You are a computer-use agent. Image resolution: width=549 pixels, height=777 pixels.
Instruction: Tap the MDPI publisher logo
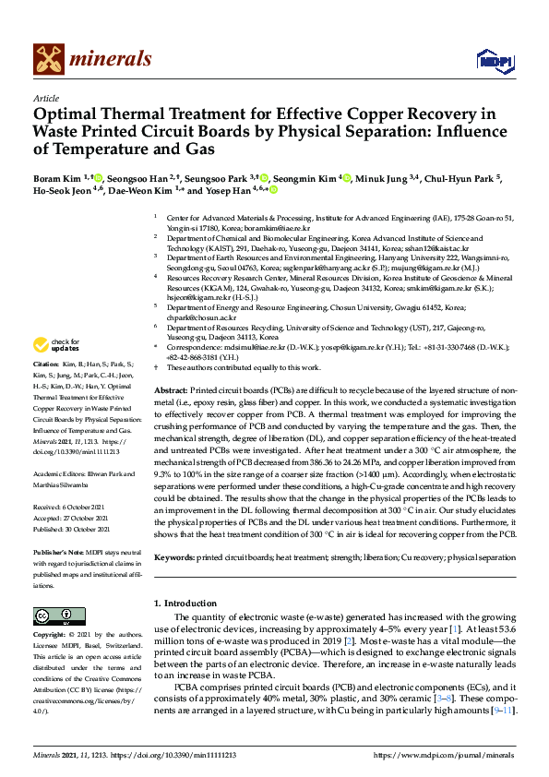[x=494, y=61]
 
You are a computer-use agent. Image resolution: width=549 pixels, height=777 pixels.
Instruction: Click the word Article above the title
[x=46, y=99]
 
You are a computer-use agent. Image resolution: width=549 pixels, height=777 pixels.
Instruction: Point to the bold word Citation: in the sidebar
[x=48, y=365]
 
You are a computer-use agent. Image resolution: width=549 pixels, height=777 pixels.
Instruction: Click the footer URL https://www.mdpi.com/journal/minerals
[x=442, y=755]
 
